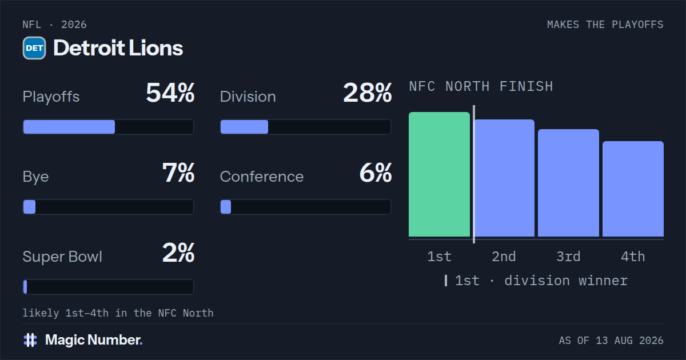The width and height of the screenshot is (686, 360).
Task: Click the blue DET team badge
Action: point(34,48)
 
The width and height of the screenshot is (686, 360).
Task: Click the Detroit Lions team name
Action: point(118,48)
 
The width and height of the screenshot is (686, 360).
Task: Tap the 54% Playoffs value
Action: point(170,93)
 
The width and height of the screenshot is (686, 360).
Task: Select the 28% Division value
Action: point(368,93)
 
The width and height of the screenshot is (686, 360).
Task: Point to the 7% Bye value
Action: point(178,173)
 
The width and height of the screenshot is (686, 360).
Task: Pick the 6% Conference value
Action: point(376,173)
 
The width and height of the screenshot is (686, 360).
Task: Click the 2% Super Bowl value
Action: point(178,253)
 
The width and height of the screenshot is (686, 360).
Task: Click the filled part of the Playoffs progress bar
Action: point(69,127)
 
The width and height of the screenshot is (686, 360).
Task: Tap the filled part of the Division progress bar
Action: point(245,127)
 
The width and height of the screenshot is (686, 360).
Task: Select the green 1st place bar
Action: point(439,174)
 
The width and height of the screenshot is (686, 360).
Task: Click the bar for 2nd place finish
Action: point(504,178)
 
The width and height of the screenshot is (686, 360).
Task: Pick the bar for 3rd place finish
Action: point(568,183)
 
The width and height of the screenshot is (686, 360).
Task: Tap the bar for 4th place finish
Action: point(633,189)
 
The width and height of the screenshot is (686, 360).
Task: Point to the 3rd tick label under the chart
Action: point(568,257)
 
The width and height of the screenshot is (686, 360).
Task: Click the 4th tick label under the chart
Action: point(633,257)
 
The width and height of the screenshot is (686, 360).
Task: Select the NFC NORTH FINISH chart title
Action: point(481,86)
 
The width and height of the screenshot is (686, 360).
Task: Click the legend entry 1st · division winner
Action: point(536,281)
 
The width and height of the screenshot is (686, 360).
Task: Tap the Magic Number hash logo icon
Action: point(30,340)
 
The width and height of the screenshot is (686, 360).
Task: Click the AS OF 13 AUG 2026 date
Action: point(611,341)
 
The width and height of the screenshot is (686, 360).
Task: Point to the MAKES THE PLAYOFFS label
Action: point(605,25)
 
